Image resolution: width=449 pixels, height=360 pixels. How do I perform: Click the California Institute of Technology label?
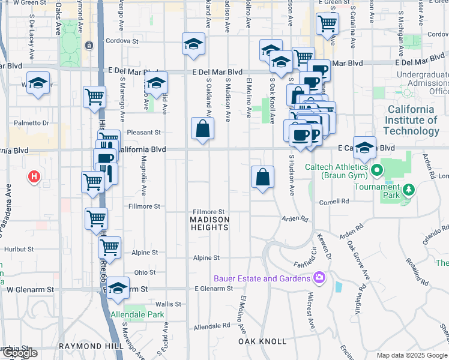click(x=411, y=120)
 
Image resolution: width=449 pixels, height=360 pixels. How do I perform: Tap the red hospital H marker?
click(x=34, y=177)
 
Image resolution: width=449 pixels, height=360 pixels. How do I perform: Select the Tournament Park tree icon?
click(x=409, y=190)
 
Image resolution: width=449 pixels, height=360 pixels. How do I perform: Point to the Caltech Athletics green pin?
click(x=376, y=170)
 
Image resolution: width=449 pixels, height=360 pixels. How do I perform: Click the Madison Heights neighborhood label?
click(x=210, y=220)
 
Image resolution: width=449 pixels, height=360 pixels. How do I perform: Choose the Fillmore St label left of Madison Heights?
click(x=144, y=206)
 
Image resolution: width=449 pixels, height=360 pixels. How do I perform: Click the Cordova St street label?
click(x=122, y=41)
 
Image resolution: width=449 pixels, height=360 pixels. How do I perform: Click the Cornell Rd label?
click(x=334, y=202)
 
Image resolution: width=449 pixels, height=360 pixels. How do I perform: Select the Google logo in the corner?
click(x=20, y=353)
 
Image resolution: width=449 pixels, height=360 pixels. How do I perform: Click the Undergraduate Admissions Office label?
click(x=422, y=83)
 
